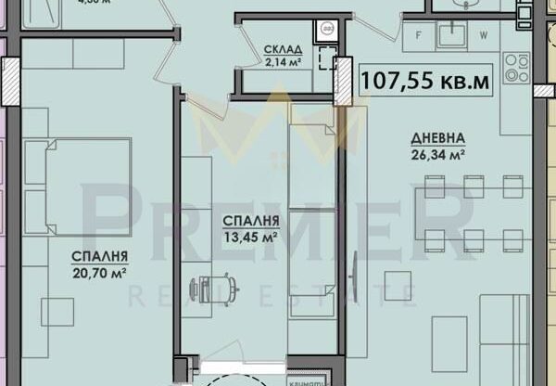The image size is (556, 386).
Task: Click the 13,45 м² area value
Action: [250, 237]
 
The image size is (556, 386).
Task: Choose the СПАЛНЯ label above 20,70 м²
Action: [100, 256]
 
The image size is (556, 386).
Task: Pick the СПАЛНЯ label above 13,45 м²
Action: [250, 221]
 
